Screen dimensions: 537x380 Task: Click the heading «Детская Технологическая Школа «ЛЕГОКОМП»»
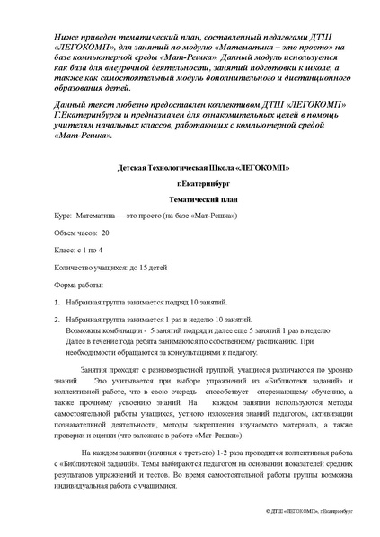[x=190, y=166]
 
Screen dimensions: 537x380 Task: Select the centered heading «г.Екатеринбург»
[x=190, y=186]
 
